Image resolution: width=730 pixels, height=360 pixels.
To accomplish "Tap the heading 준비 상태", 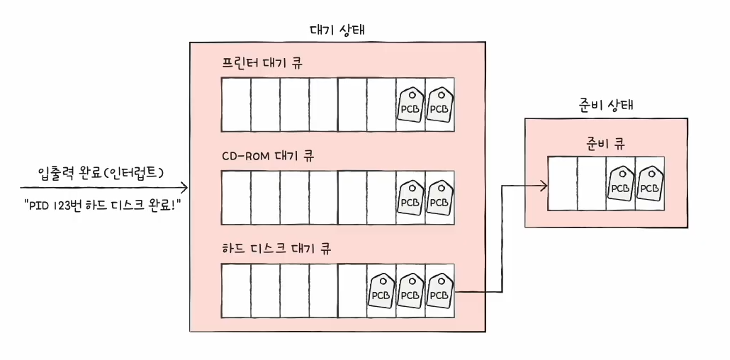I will click(606, 106).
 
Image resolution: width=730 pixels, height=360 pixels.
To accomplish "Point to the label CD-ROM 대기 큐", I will click(267, 156).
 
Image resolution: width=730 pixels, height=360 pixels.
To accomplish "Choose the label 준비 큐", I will click(605, 142).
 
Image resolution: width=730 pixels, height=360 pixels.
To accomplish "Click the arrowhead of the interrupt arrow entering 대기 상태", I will click(184, 188).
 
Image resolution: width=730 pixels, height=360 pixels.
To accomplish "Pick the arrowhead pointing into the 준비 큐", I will click(544, 186).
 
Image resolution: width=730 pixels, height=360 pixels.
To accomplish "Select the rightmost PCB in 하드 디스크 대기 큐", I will click(439, 291).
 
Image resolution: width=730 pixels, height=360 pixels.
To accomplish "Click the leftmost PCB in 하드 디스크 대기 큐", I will click(381, 291).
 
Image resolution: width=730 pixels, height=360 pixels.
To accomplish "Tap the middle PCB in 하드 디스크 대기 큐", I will click(410, 291).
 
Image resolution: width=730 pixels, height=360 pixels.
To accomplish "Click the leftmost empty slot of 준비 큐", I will click(563, 184).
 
